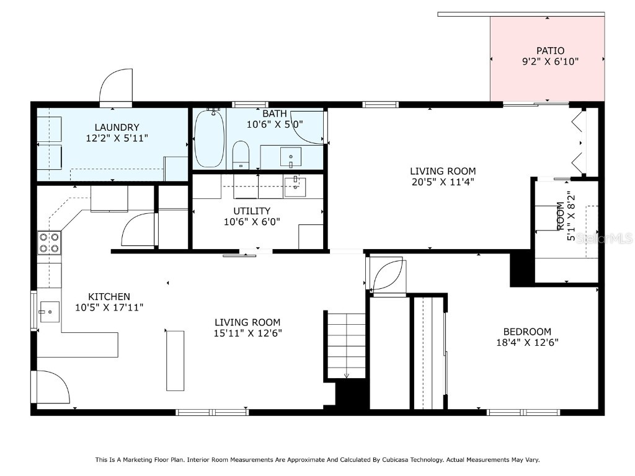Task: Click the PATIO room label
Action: (x=550, y=50)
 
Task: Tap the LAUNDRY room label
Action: (x=117, y=128)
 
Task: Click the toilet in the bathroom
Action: (x=241, y=154)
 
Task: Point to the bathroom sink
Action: (x=290, y=157)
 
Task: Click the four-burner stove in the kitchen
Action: (x=50, y=242)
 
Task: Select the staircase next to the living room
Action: (x=346, y=345)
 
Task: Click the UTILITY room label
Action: (x=252, y=211)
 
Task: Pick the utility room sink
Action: (x=295, y=187)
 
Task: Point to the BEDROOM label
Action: (x=527, y=332)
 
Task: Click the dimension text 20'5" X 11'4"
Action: (x=443, y=182)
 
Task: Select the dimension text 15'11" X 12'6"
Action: (x=247, y=333)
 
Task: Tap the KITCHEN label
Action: (x=109, y=297)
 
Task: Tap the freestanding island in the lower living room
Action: (x=175, y=360)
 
